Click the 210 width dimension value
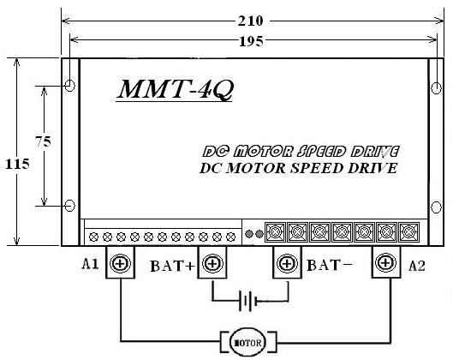[250, 21]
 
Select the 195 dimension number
[251, 42]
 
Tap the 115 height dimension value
[17, 165]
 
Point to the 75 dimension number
[43, 141]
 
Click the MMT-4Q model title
[175, 90]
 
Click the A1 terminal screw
[120, 263]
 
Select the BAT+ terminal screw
[212, 263]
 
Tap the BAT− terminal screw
[287, 263]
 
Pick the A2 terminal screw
[385, 263]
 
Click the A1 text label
[90, 264]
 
